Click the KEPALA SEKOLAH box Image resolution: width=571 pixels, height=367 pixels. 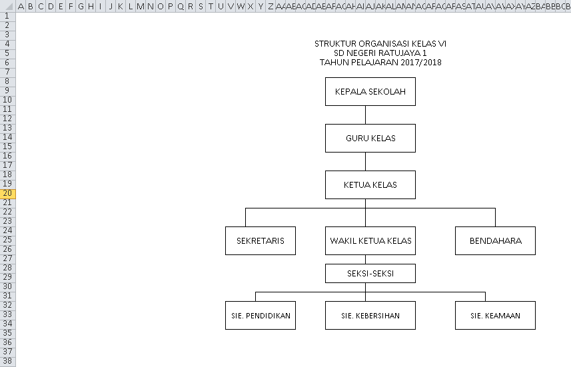tap(370, 91)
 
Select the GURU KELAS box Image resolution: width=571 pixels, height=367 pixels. tap(370, 139)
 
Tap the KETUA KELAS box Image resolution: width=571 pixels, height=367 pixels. tap(370, 184)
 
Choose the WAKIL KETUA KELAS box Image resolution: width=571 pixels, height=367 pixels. tap(370, 240)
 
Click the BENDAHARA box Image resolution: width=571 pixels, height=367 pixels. tap(495, 240)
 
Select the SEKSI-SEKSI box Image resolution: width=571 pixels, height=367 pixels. tap(370, 274)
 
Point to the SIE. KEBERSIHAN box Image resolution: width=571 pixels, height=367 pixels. tap(370, 316)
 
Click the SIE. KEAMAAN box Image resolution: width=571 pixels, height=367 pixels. tap(495, 316)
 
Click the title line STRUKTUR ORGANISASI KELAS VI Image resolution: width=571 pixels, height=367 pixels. tap(380, 43)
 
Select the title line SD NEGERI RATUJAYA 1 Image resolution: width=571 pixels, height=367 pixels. tap(380, 53)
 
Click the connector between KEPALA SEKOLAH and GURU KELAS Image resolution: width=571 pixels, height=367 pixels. tap(365, 115)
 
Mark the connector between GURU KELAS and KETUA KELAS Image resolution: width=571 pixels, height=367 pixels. tap(365, 162)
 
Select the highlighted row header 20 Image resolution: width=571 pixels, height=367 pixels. tap(7, 194)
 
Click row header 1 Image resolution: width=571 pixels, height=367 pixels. tap(7, 16)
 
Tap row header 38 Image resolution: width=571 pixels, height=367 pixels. tap(7, 360)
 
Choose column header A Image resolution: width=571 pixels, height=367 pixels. tap(21, 6)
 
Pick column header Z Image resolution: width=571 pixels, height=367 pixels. tap(271, 6)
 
